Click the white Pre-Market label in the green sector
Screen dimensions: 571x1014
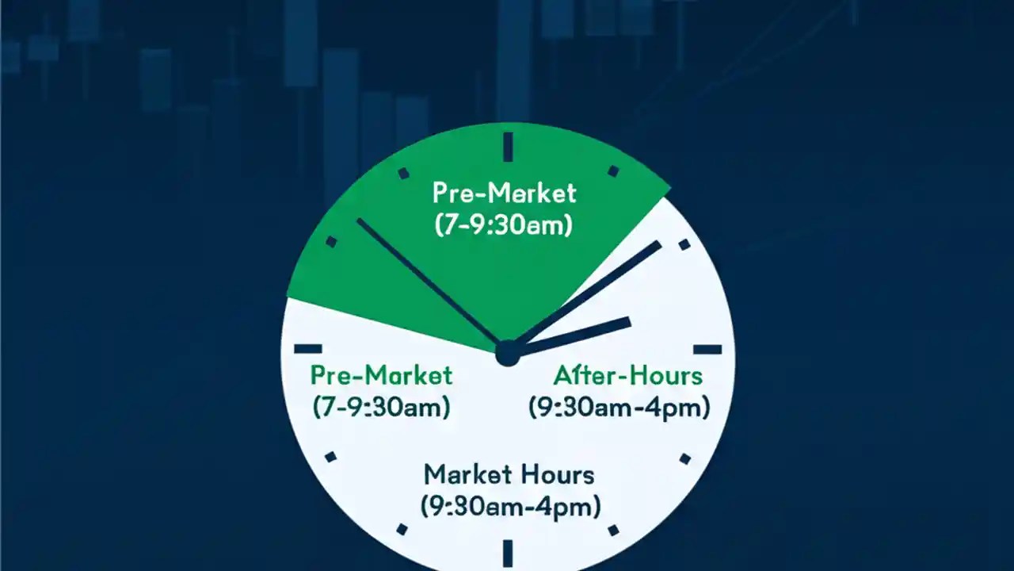(x=504, y=193)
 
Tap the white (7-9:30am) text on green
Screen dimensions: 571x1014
(x=504, y=224)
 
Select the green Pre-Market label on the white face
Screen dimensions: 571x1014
(x=381, y=374)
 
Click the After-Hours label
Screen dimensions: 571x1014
(x=627, y=374)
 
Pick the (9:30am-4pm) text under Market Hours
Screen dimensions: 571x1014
(x=509, y=505)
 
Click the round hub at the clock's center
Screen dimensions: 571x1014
(x=507, y=354)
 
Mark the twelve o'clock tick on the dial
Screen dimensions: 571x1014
(x=508, y=147)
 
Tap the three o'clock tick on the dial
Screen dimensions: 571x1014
(x=707, y=349)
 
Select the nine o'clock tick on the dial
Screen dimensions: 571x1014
(x=307, y=348)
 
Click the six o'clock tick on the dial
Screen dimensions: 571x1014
(x=508, y=551)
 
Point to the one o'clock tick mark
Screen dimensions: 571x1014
(x=612, y=171)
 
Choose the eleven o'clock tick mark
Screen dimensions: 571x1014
(x=403, y=172)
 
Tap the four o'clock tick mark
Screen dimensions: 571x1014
(x=684, y=458)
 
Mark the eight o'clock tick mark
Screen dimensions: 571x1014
(x=330, y=457)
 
